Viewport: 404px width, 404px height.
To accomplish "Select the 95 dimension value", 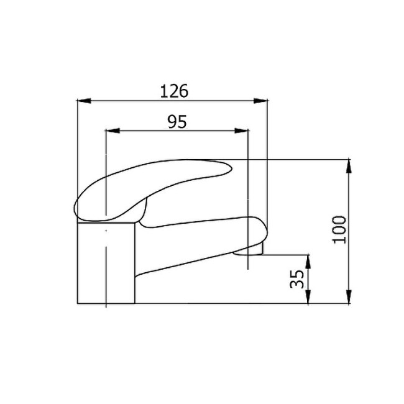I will pyautogui.click(x=177, y=122).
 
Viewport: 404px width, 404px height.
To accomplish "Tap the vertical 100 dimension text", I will pyautogui.click(x=339, y=230).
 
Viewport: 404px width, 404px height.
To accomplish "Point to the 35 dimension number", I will pyautogui.click(x=297, y=279).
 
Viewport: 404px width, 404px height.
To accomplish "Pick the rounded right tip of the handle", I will pyautogui.click(x=226, y=168).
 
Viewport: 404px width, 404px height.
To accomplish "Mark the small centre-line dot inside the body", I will pyautogui.click(x=107, y=231).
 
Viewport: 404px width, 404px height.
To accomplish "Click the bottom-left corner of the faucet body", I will pyautogui.click(x=77, y=303).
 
